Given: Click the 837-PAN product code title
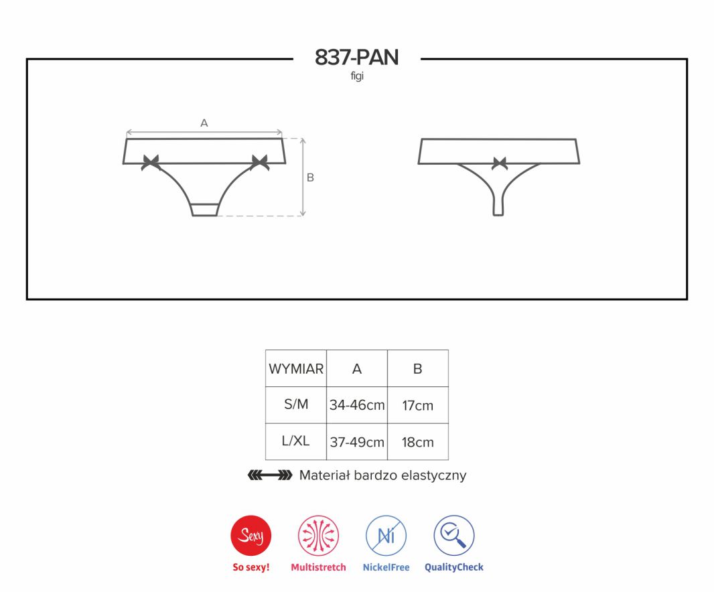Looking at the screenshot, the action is (356, 58).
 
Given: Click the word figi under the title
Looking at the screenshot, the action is (357, 76).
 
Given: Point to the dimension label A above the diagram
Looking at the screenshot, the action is (204, 123).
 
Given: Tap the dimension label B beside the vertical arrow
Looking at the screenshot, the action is (310, 177).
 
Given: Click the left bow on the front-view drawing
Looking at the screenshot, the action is (150, 162).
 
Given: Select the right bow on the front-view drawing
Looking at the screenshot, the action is (260, 162).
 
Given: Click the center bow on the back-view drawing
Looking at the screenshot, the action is (500, 163).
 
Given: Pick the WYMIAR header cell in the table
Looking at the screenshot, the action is (296, 368).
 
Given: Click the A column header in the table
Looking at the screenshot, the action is (357, 368).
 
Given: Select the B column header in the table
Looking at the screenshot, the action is (417, 368).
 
